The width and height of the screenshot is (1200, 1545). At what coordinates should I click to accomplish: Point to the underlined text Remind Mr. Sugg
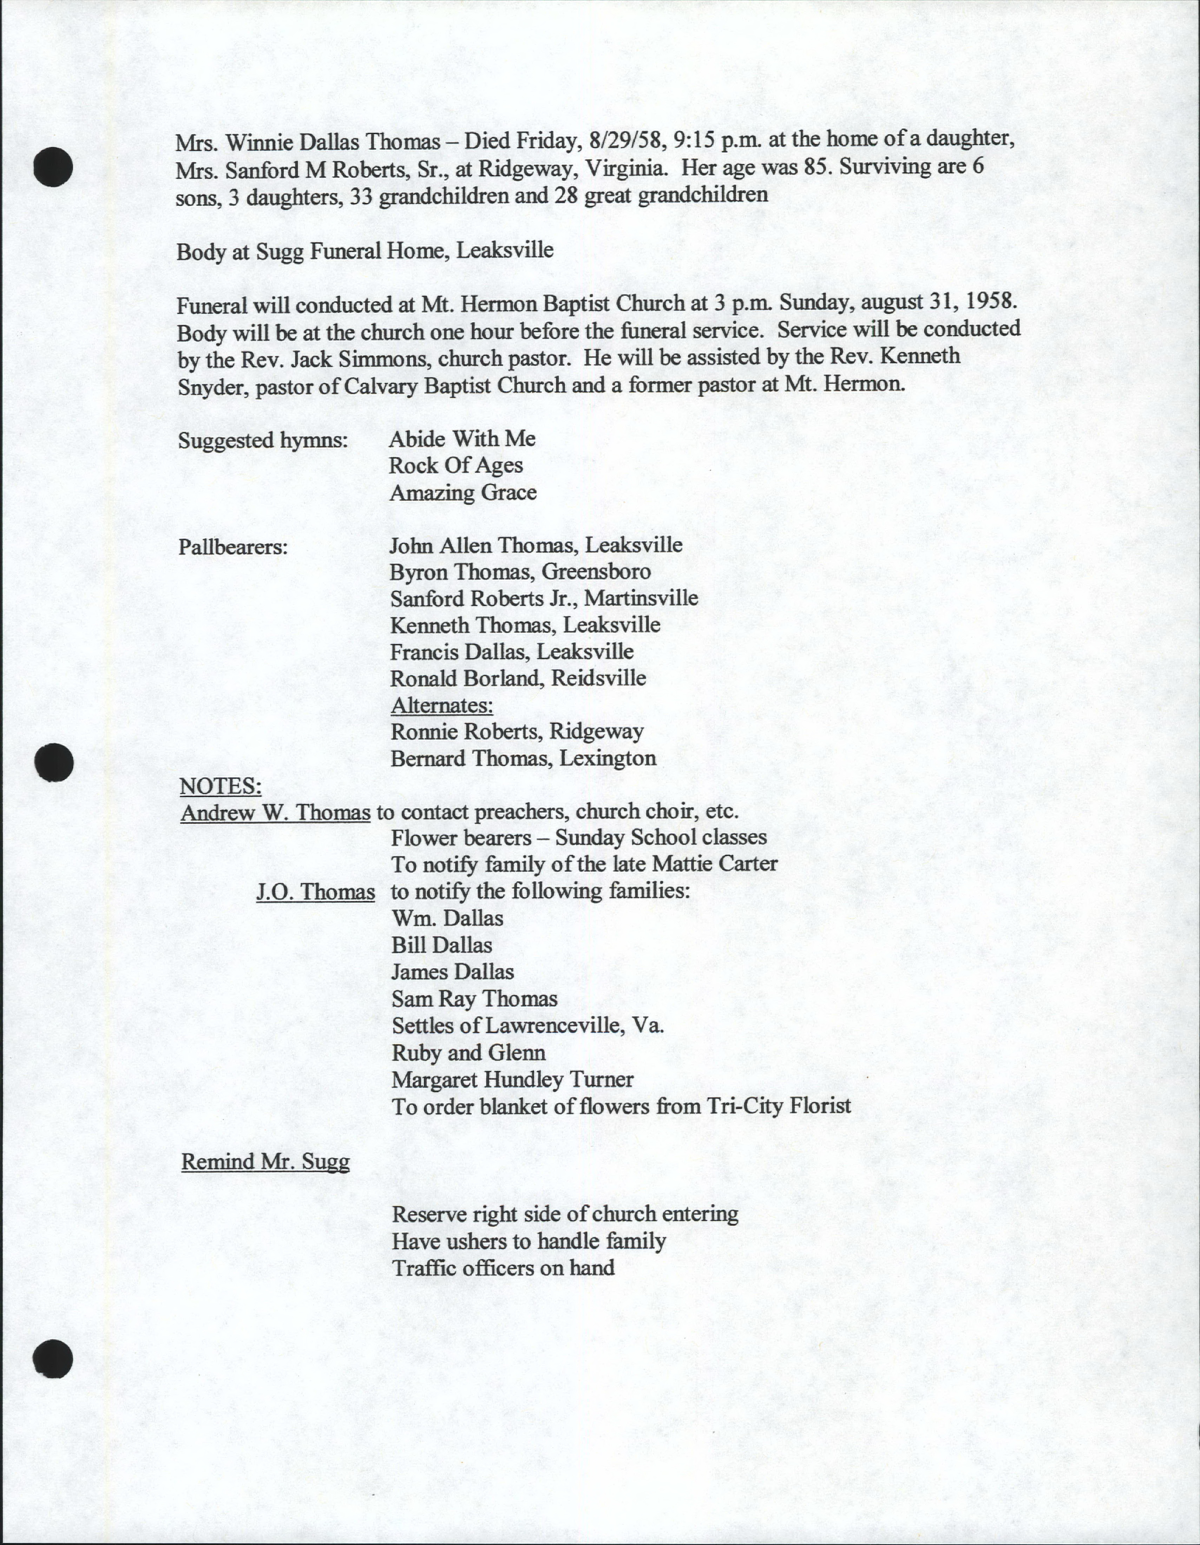point(265,1162)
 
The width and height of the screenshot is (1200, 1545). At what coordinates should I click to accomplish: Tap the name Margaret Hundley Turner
point(512,1079)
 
